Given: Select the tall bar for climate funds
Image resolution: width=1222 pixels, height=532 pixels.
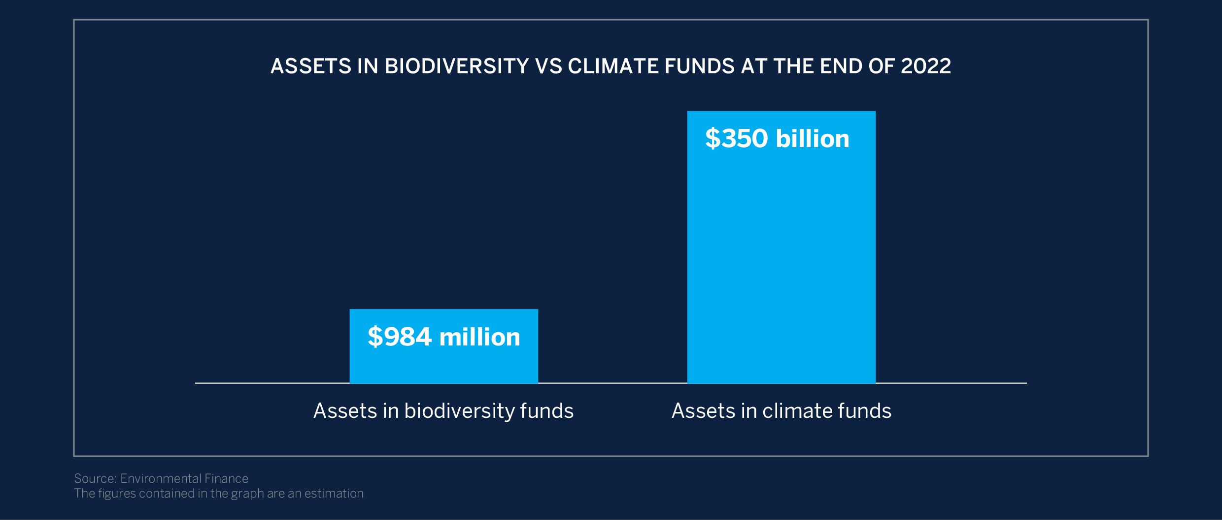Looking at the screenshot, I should click(781, 256).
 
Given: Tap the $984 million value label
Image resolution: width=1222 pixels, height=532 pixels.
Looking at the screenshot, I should click(443, 337).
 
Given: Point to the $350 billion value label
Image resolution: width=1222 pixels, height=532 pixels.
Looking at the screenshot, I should click(777, 139).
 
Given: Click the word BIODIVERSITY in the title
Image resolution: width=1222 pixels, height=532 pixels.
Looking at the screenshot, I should click(457, 66).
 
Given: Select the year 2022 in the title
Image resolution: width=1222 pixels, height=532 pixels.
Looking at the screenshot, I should click(925, 66).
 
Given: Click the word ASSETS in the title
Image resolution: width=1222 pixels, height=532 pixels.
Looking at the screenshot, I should click(311, 66).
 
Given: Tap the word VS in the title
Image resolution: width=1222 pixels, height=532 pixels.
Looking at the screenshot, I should click(548, 66).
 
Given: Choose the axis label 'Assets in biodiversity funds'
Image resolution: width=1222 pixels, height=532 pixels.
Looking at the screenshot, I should click(443, 411).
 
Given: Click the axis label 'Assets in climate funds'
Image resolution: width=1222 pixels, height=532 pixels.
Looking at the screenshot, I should click(781, 411).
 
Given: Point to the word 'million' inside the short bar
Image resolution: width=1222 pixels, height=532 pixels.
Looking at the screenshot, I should click(479, 337).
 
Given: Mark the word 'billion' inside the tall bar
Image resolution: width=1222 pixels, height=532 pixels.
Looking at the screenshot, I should click(813, 139).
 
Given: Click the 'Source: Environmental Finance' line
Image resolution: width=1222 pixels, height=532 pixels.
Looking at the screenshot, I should click(161, 478).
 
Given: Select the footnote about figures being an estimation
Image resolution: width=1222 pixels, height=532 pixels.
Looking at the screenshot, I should click(219, 493).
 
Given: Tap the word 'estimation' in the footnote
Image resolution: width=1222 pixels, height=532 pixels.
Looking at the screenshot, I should click(334, 493).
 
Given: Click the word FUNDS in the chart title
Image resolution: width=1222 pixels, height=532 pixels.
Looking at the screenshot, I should click(700, 66).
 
